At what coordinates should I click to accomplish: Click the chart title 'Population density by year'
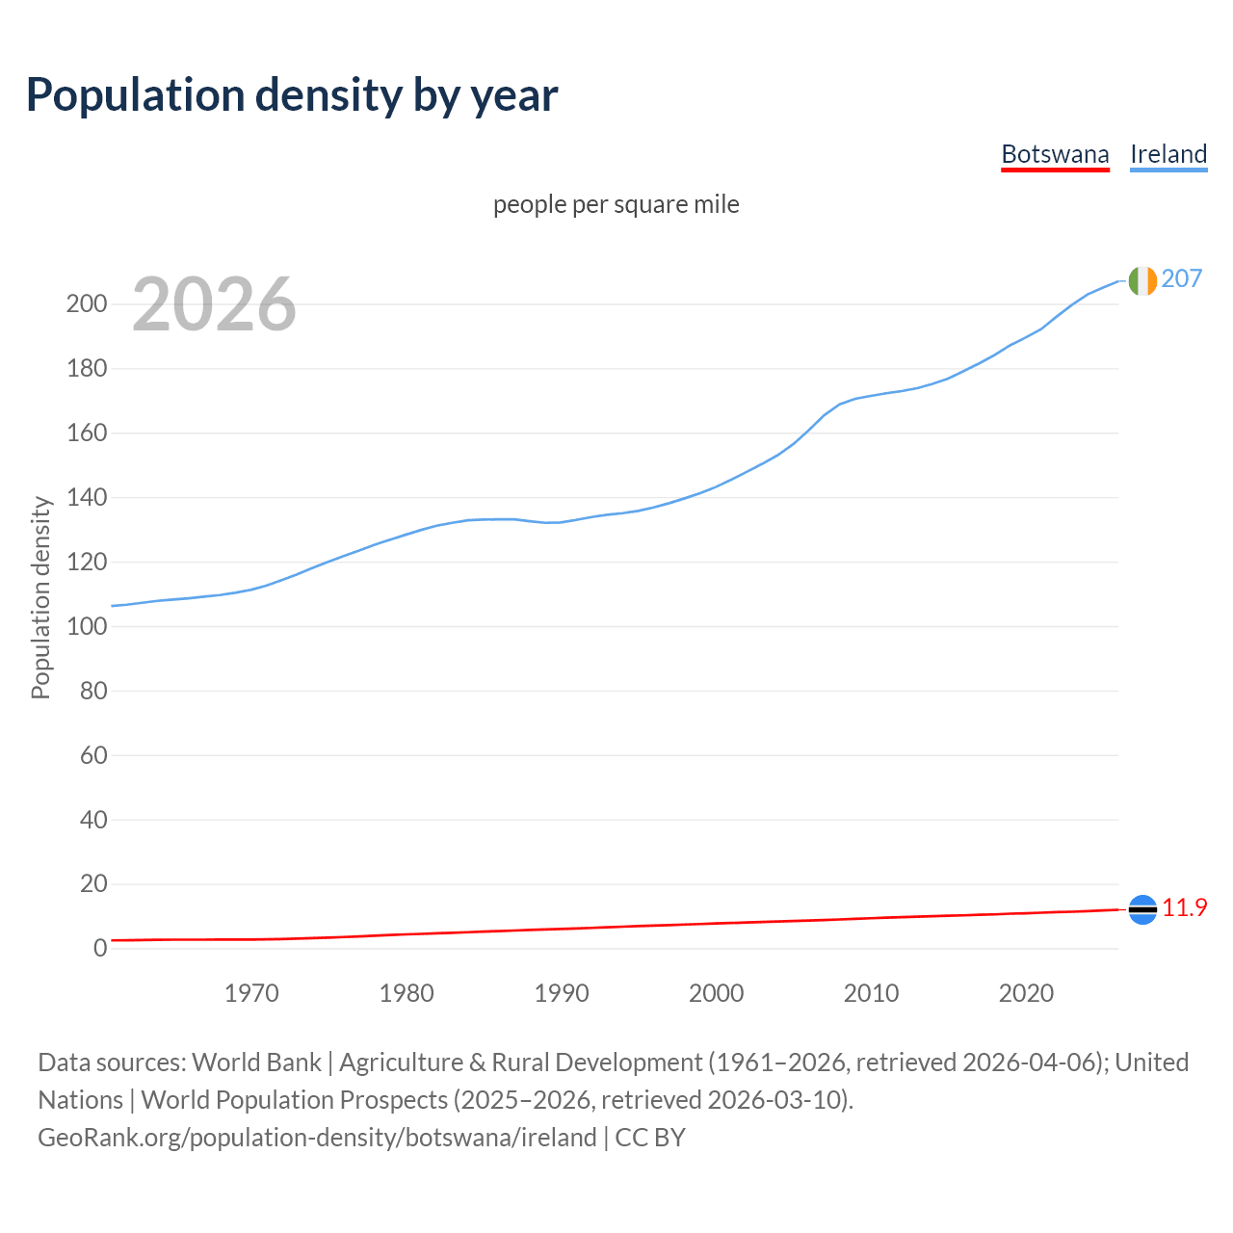(x=292, y=95)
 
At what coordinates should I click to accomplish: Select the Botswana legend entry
(x=1055, y=154)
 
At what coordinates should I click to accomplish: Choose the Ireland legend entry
(x=1168, y=154)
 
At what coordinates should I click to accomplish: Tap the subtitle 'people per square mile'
(x=616, y=204)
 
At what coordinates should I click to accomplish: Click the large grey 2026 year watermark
(x=214, y=304)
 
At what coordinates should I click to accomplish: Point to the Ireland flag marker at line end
(x=1142, y=280)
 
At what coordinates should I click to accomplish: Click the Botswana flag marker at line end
(x=1142, y=908)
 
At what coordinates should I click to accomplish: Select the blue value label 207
(x=1182, y=278)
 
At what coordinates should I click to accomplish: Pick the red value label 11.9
(x=1185, y=907)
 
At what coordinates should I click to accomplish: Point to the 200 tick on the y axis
(x=86, y=304)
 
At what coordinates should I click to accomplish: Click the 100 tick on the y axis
(x=86, y=626)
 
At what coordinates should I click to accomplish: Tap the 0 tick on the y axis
(x=99, y=948)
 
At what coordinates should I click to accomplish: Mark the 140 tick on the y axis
(x=86, y=498)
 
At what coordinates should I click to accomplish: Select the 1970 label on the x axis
(x=251, y=992)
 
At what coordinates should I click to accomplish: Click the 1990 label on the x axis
(x=562, y=992)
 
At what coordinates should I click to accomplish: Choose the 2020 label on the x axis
(x=1026, y=992)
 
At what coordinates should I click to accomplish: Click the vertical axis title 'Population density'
(x=40, y=597)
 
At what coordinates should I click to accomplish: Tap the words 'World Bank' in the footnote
(x=256, y=1062)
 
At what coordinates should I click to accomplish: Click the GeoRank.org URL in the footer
(x=317, y=1138)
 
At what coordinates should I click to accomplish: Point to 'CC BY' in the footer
(x=650, y=1138)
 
